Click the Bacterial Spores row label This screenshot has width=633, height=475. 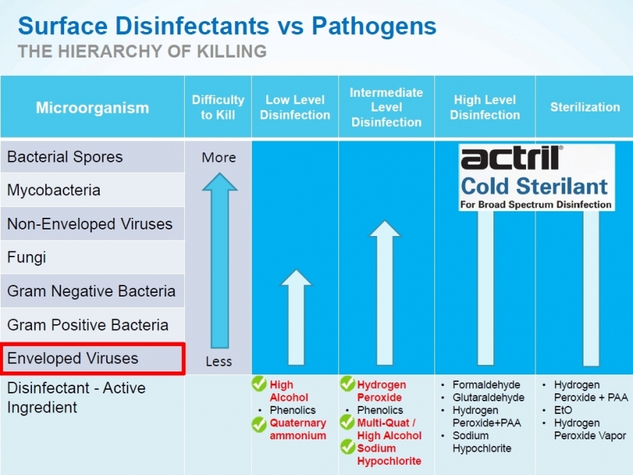pyautogui.click(x=65, y=157)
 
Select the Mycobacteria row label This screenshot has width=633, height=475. pyautogui.click(x=54, y=190)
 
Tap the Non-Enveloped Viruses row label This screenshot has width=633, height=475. pyautogui.click(x=89, y=224)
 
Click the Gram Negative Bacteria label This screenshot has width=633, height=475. pyautogui.click(x=91, y=291)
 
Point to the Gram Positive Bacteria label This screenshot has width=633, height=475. pyautogui.click(x=87, y=325)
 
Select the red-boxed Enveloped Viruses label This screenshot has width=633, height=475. pyautogui.click(x=73, y=358)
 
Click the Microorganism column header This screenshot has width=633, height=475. pyautogui.click(x=92, y=108)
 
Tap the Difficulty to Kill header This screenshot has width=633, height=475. pyautogui.click(x=218, y=107)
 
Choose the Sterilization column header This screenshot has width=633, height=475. pyautogui.click(x=585, y=107)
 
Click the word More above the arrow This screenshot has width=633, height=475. pyautogui.click(x=219, y=157)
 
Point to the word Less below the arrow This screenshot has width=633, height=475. pyautogui.click(x=218, y=361)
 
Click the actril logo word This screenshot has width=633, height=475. pyautogui.click(x=511, y=157)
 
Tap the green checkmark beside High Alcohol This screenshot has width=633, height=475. pyautogui.click(x=259, y=384)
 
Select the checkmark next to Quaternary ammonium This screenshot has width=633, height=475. pyautogui.click(x=259, y=423)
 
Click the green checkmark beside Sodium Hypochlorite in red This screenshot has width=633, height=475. pyautogui.click(x=347, y=447)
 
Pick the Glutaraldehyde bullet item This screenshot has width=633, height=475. pyautogui.click(x=488, y=398)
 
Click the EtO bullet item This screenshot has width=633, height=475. pyautogui.click(x=563, y=410)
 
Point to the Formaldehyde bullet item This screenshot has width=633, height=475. pyautogui.click(x=486, y=385)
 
